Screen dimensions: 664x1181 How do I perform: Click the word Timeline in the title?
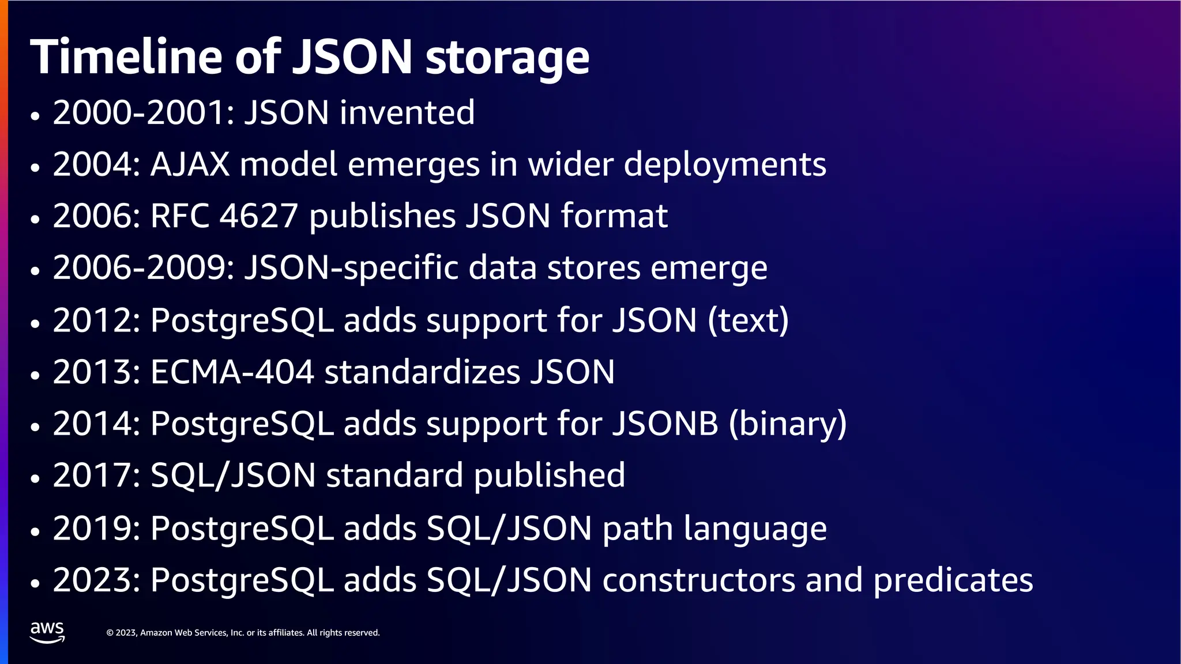pos(126,57)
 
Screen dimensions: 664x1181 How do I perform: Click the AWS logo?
pos(47,632)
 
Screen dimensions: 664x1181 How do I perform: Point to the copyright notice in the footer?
pos(243,633)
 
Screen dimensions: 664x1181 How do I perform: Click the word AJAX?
pos(190,165)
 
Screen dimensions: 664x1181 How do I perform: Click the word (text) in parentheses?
pos(748,320)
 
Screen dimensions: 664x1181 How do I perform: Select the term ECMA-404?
pos(232,372)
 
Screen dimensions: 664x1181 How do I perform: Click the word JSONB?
pos(665,424)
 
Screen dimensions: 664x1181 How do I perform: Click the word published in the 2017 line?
pos(549,477)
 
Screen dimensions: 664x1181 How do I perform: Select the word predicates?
pos(953,581)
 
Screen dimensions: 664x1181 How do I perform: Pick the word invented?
pos(407,112)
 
